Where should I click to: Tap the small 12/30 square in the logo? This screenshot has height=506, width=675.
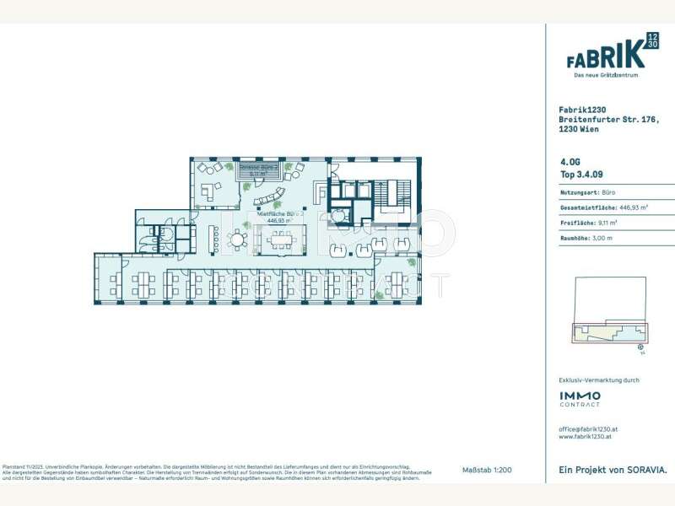click(652, 40)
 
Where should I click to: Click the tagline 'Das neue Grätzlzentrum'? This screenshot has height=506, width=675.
click(606, 75)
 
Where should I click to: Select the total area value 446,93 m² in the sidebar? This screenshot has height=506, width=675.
click(634, 207)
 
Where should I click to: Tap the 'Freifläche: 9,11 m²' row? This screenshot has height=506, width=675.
click(588, 223)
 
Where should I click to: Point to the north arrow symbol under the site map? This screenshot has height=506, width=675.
click(641, 346)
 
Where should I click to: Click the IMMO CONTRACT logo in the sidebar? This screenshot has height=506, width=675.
click(580, 398)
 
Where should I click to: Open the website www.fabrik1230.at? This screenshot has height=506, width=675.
click(586, 437)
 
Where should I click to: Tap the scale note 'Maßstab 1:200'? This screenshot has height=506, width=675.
click(488, 469)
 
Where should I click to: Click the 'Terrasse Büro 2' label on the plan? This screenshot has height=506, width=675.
click(259, 169)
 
